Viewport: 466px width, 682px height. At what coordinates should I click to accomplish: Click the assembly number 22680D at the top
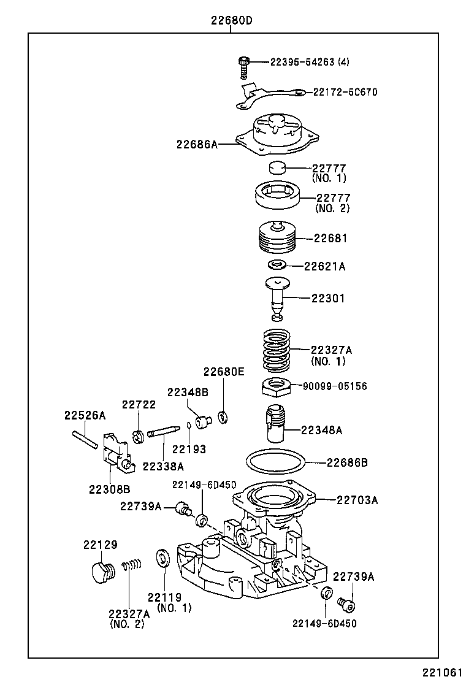click(x=232, y=20)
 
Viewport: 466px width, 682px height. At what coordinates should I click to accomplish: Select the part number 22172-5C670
click(x=345, y=92)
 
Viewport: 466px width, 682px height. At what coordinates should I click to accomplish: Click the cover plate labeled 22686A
click(x=279, y=136)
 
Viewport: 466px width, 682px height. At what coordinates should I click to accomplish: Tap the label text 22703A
click(x=357, y=500)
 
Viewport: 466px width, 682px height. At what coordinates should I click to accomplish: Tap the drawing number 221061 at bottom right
click(x=441, y=672)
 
